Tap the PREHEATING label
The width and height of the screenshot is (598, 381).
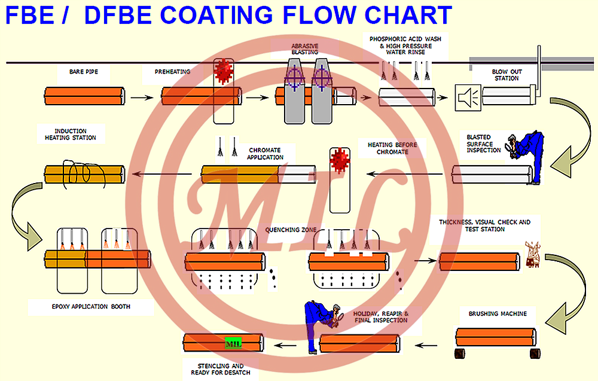172,72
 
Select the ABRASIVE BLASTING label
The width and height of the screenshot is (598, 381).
304,48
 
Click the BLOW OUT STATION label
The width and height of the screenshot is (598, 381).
507,75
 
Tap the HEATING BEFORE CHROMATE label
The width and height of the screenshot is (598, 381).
392,148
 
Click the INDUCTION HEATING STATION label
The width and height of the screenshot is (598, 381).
70,135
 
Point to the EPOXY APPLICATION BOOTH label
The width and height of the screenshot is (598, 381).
91,307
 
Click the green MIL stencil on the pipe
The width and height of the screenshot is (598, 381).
232,344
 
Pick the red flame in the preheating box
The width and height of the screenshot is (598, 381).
223,72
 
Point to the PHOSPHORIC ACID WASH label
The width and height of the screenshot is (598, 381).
405,45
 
